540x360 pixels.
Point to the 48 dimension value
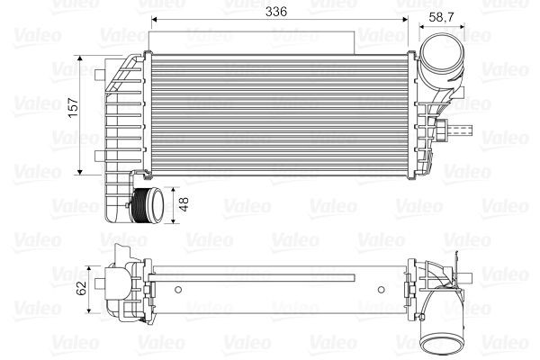pos(184,204)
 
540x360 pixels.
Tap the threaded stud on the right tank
pos(462,132)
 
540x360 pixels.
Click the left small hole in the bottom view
pos(177,289)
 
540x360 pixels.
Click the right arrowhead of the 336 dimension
pos(406,20)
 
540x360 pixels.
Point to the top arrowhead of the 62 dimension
pos(94,267)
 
